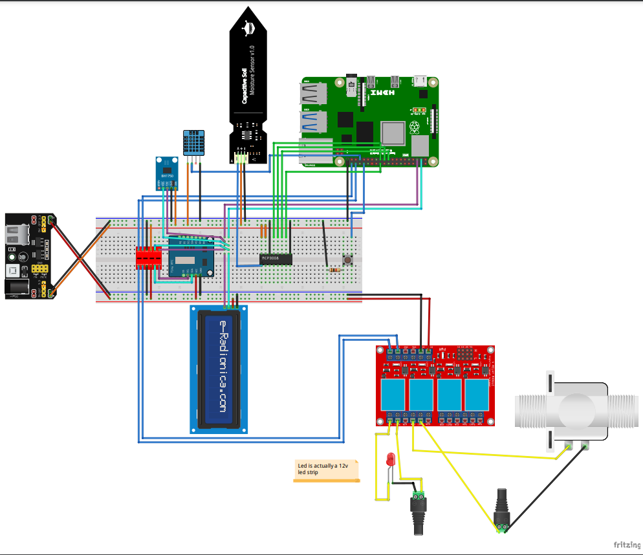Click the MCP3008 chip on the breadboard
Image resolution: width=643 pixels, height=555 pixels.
(x=276, y=259)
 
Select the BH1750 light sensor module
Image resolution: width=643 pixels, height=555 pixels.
(x=167, y=173)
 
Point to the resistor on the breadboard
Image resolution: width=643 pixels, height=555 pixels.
(x=334, y=269)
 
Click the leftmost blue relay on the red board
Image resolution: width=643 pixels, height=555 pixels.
(x=393, y=394)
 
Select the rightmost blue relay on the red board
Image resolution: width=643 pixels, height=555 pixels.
(x=477, y=394)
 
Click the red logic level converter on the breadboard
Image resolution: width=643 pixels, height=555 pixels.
(x=148, y=258)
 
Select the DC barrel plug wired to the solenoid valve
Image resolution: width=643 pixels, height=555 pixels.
(x=502, y=511)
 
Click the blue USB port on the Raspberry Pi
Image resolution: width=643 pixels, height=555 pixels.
(x=313, y=121)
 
